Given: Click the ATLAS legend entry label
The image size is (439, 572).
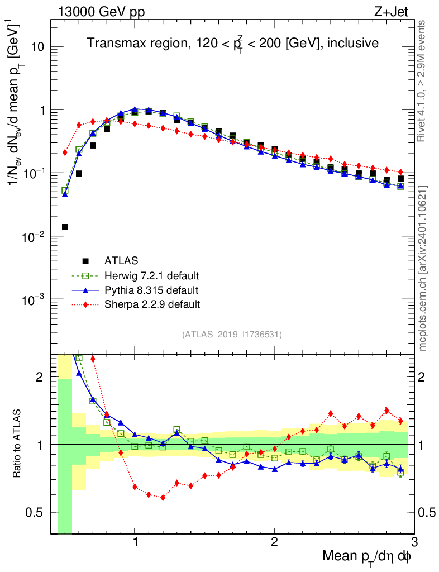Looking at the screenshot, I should coord(121,260).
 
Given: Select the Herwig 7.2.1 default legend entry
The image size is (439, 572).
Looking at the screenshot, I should coord(151,275).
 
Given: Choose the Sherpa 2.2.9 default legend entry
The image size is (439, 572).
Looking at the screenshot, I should coord(152,304).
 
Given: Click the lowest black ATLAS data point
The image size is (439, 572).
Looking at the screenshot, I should coord(65,227).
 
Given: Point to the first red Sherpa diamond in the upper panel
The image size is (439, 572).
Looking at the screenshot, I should coord(65,152).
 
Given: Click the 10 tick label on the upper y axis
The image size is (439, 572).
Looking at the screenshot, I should coord(37,47).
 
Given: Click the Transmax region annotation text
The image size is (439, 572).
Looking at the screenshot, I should coord(233,43).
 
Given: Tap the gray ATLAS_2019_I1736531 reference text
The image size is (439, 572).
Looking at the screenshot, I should coord(232,335).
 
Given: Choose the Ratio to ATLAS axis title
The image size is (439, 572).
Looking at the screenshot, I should coord(17,444).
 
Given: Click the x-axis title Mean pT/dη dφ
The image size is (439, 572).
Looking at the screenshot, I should coord(366,556).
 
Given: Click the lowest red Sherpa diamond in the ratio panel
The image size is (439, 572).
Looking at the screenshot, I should coord(163,497).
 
